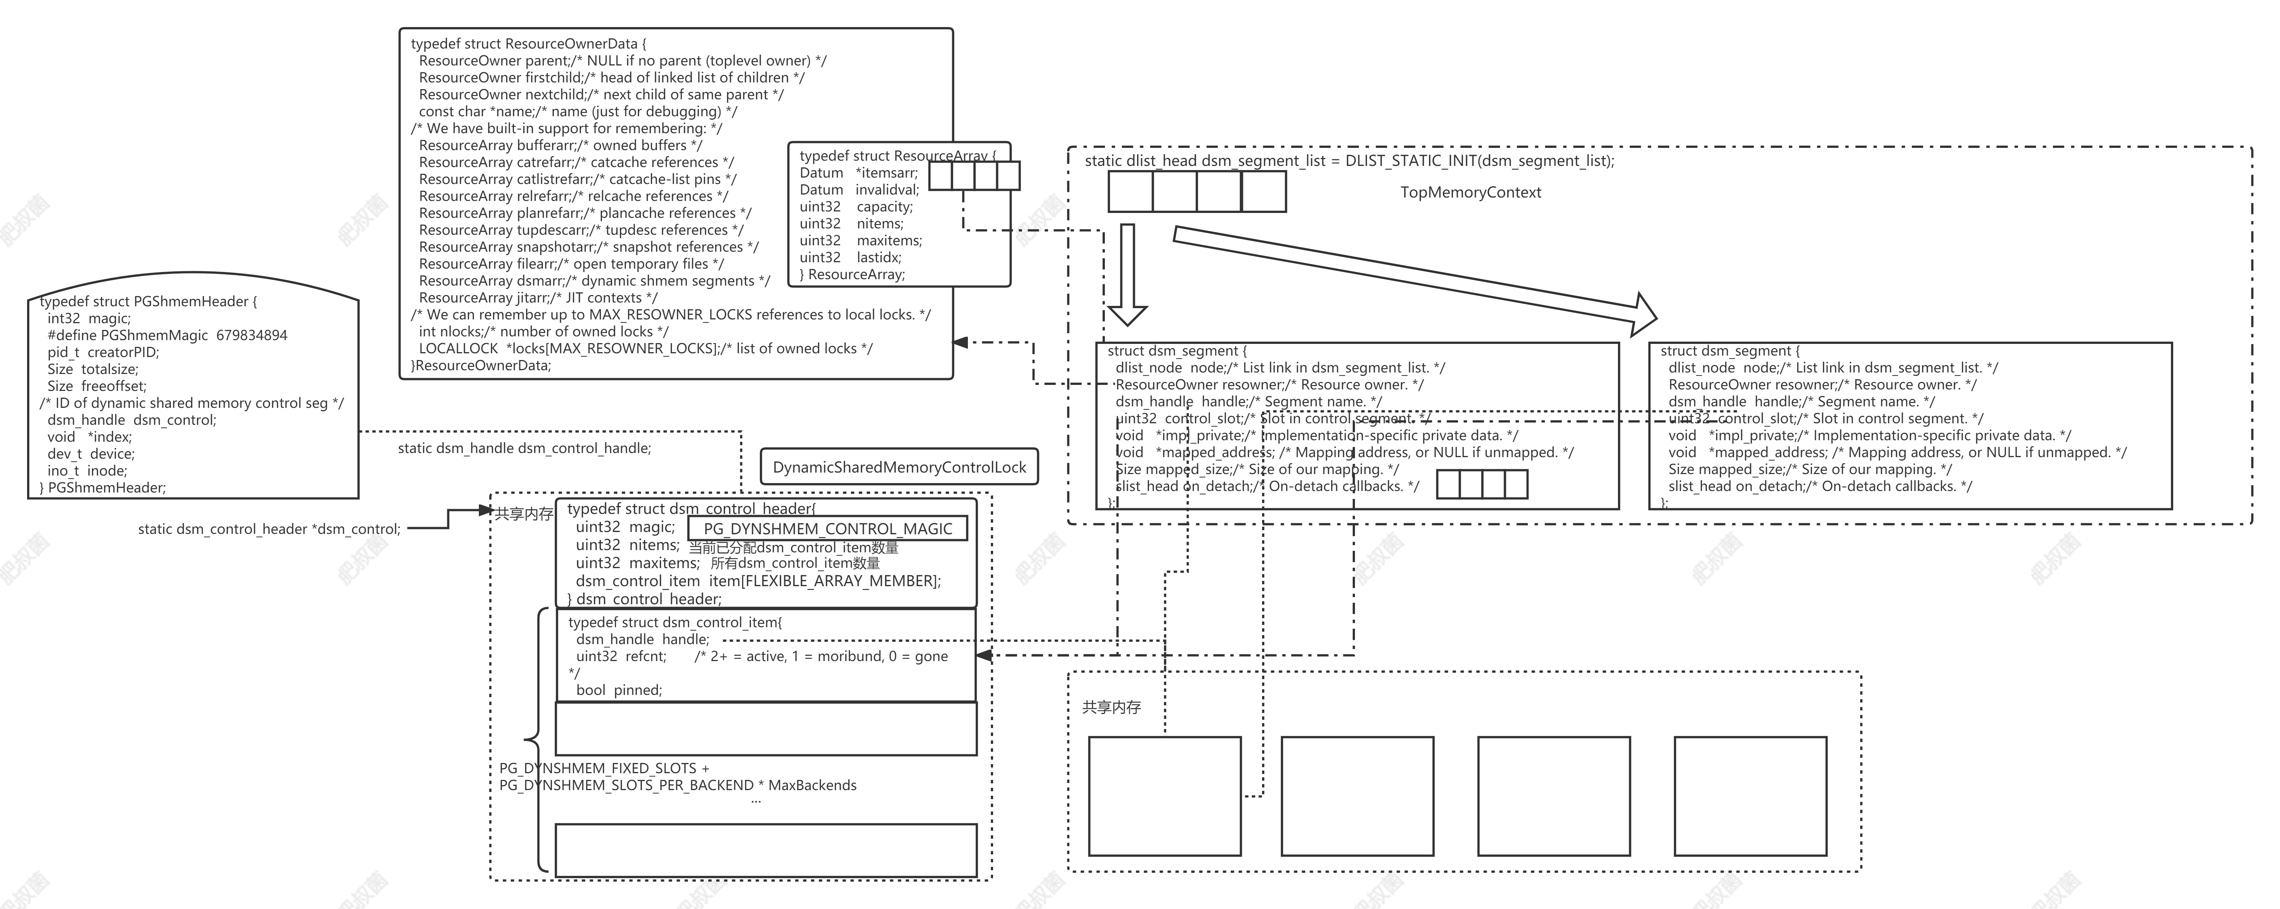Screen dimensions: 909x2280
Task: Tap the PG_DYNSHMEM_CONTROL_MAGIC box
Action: click(x=828, y=528)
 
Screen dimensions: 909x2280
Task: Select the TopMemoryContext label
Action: click(x=1470, y=192)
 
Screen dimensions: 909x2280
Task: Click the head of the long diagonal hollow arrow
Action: click(x=1642, y=314)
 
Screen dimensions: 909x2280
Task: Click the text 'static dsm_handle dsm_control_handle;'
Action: click(x=524, y=448)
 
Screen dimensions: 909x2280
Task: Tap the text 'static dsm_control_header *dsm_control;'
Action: click(x=269, y=529)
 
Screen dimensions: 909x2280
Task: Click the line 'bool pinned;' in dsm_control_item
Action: click(x=619, y=690)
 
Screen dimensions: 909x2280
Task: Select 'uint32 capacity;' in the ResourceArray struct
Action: click(x=856, y=206)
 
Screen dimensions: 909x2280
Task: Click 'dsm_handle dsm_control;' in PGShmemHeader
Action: click(x=131, y=420)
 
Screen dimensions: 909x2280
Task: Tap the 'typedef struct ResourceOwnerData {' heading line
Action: click(x=529, y=43)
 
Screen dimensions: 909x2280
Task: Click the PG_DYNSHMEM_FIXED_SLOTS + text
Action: click(x=604, y=768)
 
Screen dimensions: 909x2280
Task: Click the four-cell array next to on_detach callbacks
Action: click(x=1482, y=484)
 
